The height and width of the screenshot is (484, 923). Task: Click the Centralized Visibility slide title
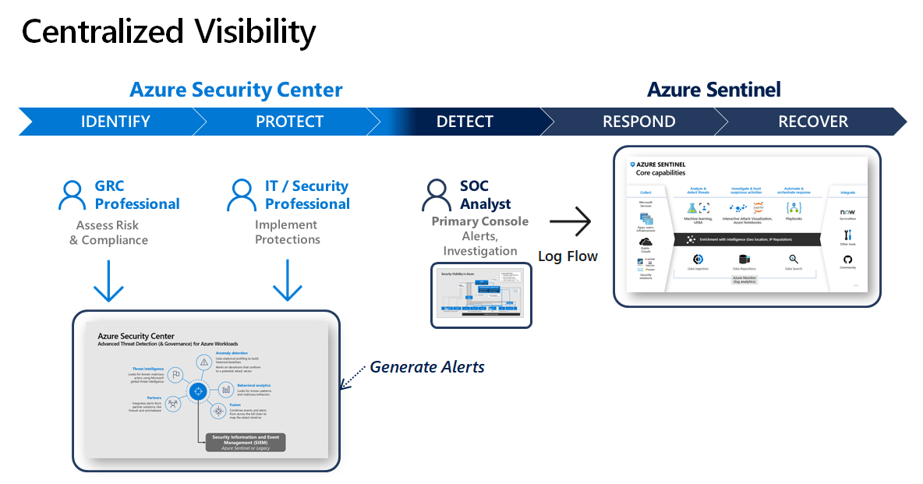pos(168,31)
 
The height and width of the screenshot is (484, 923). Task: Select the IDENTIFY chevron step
pos(115,122)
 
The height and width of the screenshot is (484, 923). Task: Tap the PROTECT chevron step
pos(289,122)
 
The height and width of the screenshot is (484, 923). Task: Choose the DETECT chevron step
pos(465,122)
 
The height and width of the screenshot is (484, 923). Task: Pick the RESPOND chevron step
pos(638,122)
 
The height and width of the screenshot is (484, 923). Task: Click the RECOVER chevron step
pos(813,122)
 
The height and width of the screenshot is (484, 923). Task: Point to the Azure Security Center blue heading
pos(236,90)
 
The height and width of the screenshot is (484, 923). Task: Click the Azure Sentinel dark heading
pos(713,90)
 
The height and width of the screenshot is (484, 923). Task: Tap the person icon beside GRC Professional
pos(72,195)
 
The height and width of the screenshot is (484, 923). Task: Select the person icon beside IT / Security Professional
pos(241,195)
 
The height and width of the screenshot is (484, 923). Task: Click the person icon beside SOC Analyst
pos(435,195)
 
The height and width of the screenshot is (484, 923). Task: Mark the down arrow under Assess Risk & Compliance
pos(108,281)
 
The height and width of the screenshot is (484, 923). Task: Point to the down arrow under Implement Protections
pos(288,281)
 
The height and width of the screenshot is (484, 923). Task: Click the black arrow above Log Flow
pos(570,222)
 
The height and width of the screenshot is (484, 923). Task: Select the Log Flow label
pos(568,256)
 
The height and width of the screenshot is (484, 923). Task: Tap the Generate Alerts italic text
pos(427,366)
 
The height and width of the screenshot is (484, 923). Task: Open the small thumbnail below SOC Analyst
pos(482,295)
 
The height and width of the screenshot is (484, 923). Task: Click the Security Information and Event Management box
pos(246,442)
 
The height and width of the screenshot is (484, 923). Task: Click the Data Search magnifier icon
pos(793,259)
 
